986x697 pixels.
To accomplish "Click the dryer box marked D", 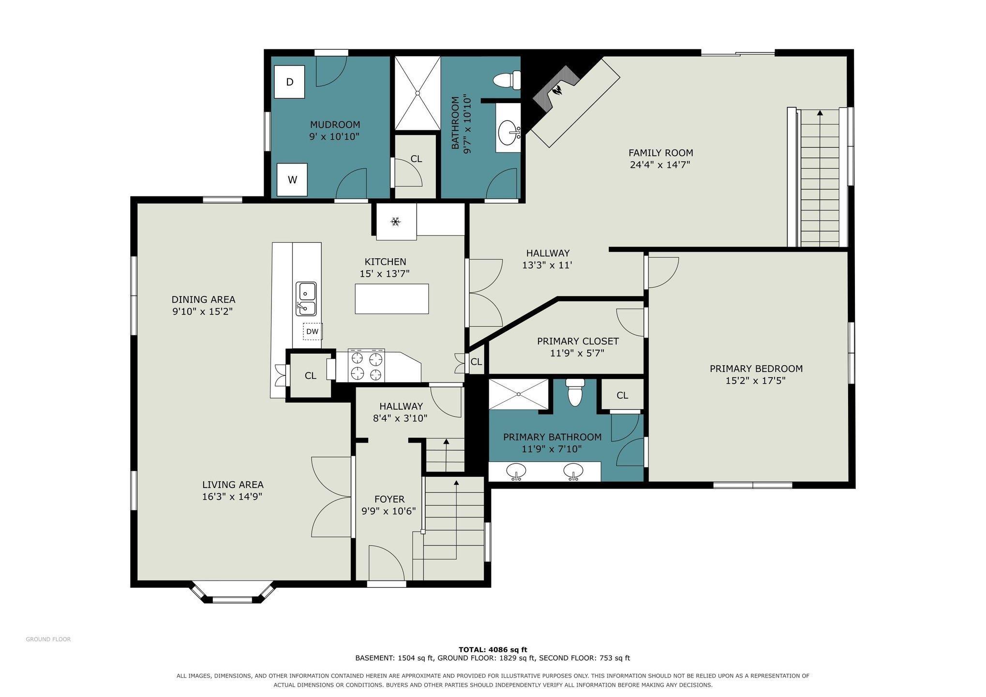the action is [289, 82].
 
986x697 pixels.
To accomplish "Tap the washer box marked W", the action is [292, 179].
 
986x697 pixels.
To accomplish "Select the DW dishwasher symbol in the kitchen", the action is [313, 331].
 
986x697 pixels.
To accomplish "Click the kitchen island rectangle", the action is [392, 299].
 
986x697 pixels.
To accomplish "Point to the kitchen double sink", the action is [306, 299].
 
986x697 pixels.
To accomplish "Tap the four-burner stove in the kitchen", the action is [367, 366].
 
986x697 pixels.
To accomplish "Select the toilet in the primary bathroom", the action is [575, 392].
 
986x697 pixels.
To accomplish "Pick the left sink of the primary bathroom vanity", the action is [516, 471].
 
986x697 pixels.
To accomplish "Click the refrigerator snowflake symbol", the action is [396, 222].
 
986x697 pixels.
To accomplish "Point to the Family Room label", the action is [660, 153].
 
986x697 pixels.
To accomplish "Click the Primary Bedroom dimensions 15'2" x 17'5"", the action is [755, 381].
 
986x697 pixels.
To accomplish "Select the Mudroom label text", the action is [335, 125].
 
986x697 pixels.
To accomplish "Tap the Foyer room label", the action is [389, 499].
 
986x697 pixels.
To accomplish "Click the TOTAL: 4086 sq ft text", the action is [493, 650].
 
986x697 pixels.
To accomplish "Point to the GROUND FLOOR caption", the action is [48, 639].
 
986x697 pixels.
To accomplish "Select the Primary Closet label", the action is [578, 341].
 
